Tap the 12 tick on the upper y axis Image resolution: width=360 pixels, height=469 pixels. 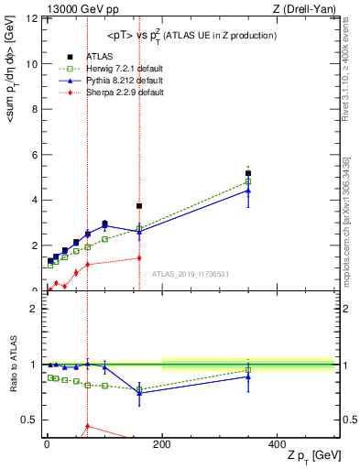click(34, 19)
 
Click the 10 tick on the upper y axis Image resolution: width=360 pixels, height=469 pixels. click(34, 64)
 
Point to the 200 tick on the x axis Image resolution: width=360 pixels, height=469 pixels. click(162, 442)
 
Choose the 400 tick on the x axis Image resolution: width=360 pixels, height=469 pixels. click(277, 442)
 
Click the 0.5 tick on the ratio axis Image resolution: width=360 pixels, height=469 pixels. click(31, 420)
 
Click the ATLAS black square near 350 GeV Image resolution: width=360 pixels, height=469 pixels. click(248, 173)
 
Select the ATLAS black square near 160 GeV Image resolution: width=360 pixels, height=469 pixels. click(139, 206)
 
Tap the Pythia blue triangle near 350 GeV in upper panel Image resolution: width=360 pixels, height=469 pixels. click(248, 191)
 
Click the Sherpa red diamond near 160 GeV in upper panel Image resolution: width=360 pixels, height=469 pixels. click(139, 257)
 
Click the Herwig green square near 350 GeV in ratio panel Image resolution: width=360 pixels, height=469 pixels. click(248, 370)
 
